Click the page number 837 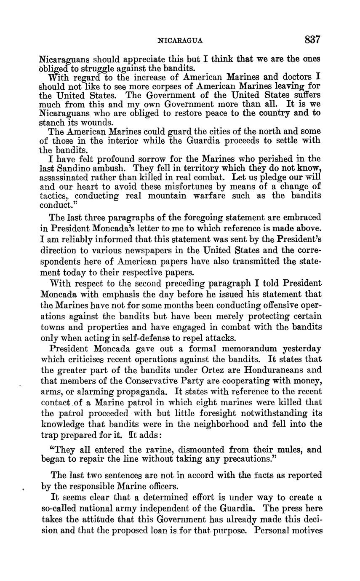(x=313, y=40)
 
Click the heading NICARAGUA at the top (x=180, y=41)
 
